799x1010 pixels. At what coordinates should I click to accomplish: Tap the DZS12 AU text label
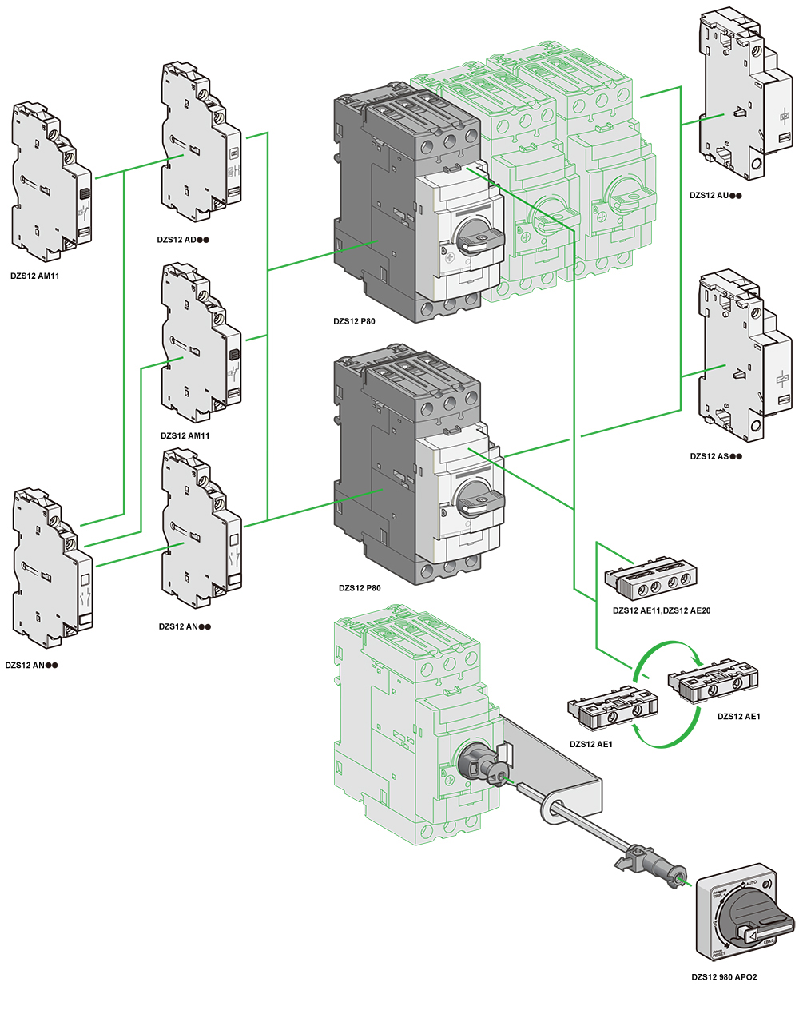click(x=715, y=195)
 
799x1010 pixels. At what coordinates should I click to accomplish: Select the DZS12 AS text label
click(x=715, y=456)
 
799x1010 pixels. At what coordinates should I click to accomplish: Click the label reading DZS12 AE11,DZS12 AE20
click(x=661, y=610)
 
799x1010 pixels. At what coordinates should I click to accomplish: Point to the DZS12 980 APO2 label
click(x=724, y=976)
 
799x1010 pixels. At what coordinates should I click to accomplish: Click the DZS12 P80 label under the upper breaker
click(x=354, y=322)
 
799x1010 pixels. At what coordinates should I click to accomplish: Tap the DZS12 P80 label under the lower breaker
click(x=359, y=588)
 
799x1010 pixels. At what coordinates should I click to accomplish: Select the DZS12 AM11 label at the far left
click(x=35, y=276)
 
